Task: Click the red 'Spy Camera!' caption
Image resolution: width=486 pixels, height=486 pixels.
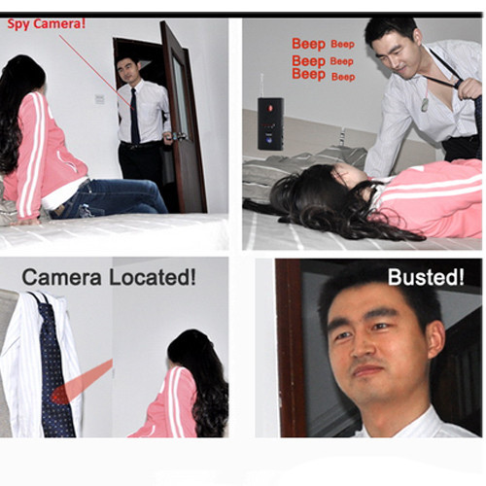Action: click(47, 23)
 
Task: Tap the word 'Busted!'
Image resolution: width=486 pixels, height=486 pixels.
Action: click(426, 277)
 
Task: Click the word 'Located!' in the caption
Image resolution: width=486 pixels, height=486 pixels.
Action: click(153, 277)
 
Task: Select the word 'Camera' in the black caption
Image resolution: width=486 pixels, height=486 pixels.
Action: click(61, 278)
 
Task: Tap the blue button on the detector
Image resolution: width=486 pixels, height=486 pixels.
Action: click(269, 141)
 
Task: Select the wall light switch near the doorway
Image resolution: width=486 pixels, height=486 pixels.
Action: click(100, 99)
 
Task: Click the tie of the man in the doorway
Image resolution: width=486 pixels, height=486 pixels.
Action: click(134, 116)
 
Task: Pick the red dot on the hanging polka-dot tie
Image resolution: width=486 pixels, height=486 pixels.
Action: click(58, 398)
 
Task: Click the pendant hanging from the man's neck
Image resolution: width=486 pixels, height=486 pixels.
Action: click(425, 105)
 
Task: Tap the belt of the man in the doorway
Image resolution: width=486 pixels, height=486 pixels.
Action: click(140, 145)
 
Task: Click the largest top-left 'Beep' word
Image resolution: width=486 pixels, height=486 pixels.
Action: click(308, 44)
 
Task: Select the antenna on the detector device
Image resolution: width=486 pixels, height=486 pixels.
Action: click(261, 86)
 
